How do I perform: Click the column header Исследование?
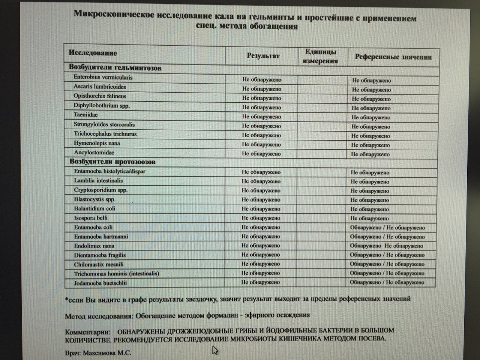pyautogui.click(x=93, y=53)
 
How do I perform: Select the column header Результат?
pyautogui.click(x=263, y=56)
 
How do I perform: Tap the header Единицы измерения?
pyautogui.click(x=321, y=56)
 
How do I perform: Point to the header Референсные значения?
pyautogui.click(x=393, y=57)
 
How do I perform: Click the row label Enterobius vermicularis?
pyautogui.click(x=103, y=78)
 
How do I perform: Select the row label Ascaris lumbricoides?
pyautogui.click(x=99, y=87)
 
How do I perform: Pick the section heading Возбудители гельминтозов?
pyautogui.click(x=115, y=68)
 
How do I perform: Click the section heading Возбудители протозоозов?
pyautogui.click(x=112, y=162)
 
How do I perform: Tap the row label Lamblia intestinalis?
pyautogui.click(x=98, y=181)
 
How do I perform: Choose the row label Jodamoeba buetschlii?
pyautogui.click(x=100, y=283)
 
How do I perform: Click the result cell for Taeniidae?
pyautogui.click(x=261, y=117)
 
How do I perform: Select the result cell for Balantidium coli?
pyautogui.click(x=261, y=209)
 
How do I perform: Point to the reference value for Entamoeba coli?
pyautogui.click(x=387, y=228)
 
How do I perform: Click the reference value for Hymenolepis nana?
pyautogui.click(x=370, y=145)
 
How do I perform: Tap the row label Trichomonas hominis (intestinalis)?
pyautogui.click(x=116, y=274)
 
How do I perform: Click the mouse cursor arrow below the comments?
pyautogui.click(x=215, y=350)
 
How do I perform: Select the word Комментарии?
pyautogui.click(x=88, y=332)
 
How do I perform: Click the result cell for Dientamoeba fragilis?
pyautogui.click(x=261, y=255)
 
